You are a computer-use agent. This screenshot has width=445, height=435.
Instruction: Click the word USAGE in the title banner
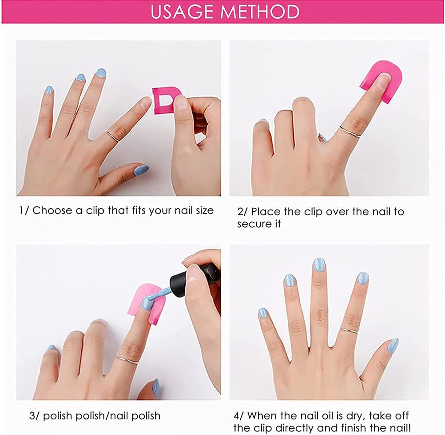[x=181, y=12]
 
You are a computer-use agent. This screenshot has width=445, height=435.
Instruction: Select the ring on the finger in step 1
[x=113, y=135]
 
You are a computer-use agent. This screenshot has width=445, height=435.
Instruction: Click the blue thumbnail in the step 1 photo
[x=141, y=169]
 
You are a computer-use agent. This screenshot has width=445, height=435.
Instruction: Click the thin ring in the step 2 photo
[x=350, y=132]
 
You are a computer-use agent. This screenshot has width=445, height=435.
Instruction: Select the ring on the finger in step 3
[x=127, y=359]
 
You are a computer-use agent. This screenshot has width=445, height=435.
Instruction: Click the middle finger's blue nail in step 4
[x=319, y=265]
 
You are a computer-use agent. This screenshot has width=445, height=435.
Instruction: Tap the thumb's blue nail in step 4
[x=393, y=345]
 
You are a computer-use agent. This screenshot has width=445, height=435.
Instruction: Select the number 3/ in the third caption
[x=34, y=416]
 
